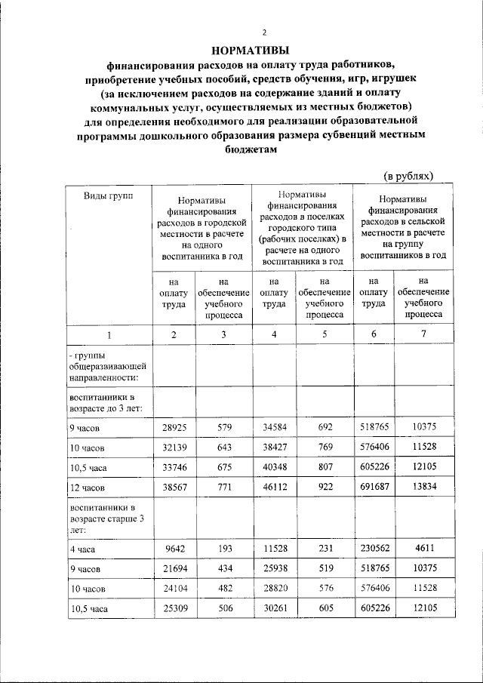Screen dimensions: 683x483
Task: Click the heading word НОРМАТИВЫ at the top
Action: point(241,51)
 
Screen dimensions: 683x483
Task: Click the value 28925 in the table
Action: point(174,427)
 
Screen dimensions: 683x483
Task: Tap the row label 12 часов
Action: point(88,488)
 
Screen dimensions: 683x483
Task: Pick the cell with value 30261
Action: point(274,606)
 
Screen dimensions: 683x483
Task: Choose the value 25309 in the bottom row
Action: point(174,606)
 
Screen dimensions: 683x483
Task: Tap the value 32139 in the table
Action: point(174,448)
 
